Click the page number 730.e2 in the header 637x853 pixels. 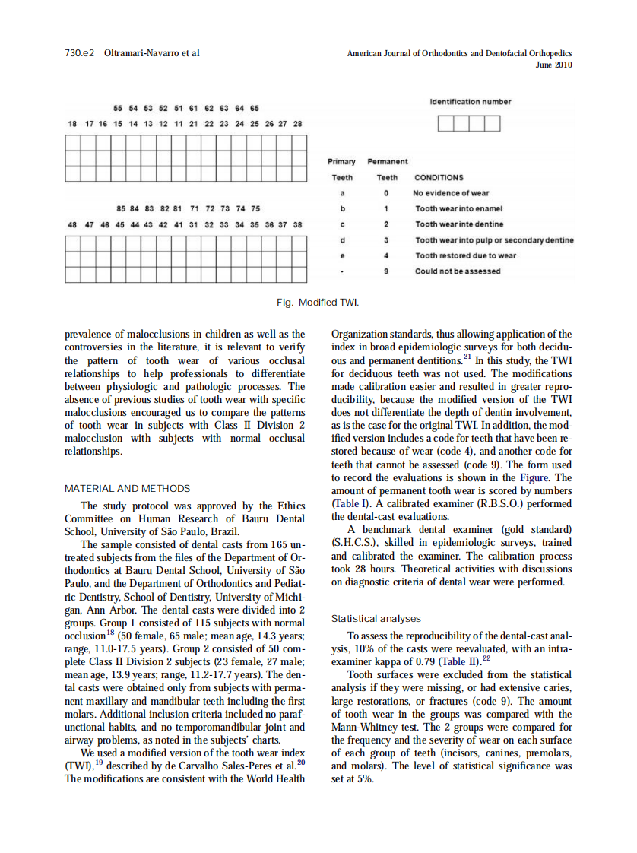coord(79,53)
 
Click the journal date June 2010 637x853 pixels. coord(554,65)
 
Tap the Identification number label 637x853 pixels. coord(470,102)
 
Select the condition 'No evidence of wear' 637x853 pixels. coord(451,193)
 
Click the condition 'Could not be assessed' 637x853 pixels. coord(458,271)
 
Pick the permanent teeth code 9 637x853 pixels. coord(386,271)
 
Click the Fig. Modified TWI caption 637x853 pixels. coord(317,303)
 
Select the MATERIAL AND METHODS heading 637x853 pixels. coord(128,488)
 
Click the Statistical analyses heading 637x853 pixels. coord(376,619)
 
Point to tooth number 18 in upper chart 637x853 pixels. coord(72,123)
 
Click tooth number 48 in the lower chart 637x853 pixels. coord(72,225)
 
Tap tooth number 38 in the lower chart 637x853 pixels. coord(298,225)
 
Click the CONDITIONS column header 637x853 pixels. coord(438,178)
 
